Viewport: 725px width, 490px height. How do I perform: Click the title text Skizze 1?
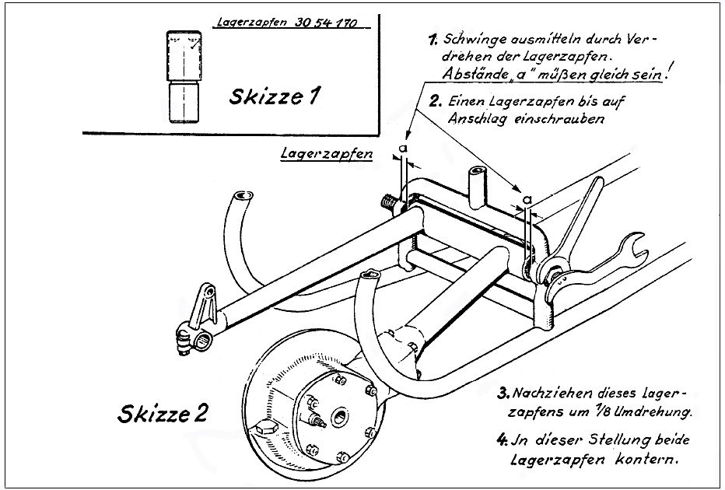[x=274, y=96]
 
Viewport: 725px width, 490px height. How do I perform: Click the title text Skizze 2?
[x=163, y=413]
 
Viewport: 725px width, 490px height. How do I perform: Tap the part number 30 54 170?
[x=325, y=23]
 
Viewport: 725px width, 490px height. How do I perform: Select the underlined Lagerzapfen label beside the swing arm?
[x=327, y=153]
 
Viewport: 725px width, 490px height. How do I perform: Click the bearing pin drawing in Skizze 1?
[x=184, y=77]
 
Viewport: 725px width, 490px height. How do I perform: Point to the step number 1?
[x=433, y=40]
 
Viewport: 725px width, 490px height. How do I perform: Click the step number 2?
[x=435, y=101]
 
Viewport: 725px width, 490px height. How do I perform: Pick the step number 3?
[x=503, y=394]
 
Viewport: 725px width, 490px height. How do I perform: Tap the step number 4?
[x=503, y=439]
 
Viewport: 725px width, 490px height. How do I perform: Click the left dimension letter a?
[x=403, y=148]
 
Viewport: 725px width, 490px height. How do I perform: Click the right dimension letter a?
[x=527, y=200]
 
